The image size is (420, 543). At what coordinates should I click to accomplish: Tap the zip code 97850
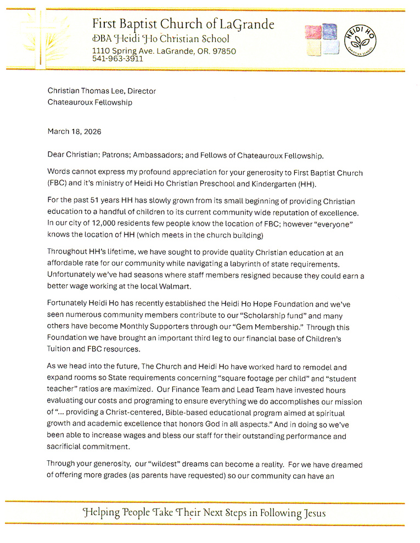tap(222, 51)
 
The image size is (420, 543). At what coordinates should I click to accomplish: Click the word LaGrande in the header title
tap(247, 25)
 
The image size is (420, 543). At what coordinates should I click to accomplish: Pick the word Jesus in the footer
tap(313, 513)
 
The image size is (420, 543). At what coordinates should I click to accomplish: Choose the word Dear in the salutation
tap(57, 155)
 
